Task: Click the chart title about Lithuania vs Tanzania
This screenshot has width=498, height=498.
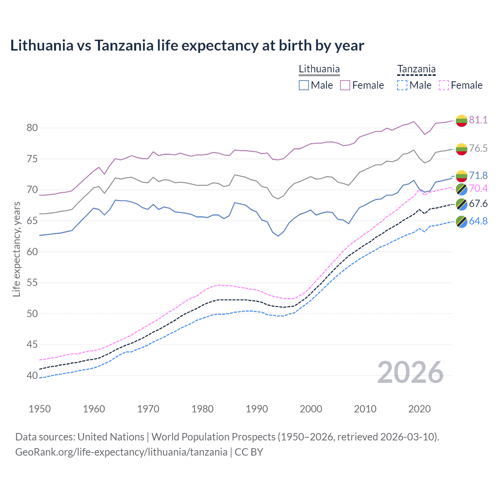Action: tap(187, 46)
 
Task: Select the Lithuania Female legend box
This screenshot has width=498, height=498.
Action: tap(345, 85)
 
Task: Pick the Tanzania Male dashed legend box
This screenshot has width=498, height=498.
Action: tap(402, 85)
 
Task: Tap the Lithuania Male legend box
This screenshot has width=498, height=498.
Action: tap(304, 85)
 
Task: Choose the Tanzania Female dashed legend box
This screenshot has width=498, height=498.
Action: tap(444, 85)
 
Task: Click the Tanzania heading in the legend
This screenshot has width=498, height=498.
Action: tap(416, 69)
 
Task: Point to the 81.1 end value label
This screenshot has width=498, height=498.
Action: tap(478, 120)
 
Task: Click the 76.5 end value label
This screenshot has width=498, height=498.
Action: tap(478, 148)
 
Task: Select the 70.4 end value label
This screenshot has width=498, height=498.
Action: tap(478, 189)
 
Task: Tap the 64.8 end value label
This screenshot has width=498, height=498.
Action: tap(478, 221)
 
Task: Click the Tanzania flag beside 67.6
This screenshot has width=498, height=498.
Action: tap(461, 204)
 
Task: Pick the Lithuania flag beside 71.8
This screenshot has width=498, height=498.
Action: tap(461, 176)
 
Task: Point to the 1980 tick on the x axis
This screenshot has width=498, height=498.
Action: tap(203, 409)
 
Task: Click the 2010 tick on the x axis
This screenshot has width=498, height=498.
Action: tap(365, 409)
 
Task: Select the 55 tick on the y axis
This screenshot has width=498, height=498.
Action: tap(32, 283)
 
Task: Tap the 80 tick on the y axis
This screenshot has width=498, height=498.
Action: tap(32, 128)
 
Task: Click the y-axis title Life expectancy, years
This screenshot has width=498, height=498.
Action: tap(16, 249)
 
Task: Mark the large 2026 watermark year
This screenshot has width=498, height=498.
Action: tap(410, 372)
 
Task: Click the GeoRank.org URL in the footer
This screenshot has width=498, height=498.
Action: tap(121, 452)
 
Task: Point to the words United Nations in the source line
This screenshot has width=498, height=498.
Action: tap(111, 437)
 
